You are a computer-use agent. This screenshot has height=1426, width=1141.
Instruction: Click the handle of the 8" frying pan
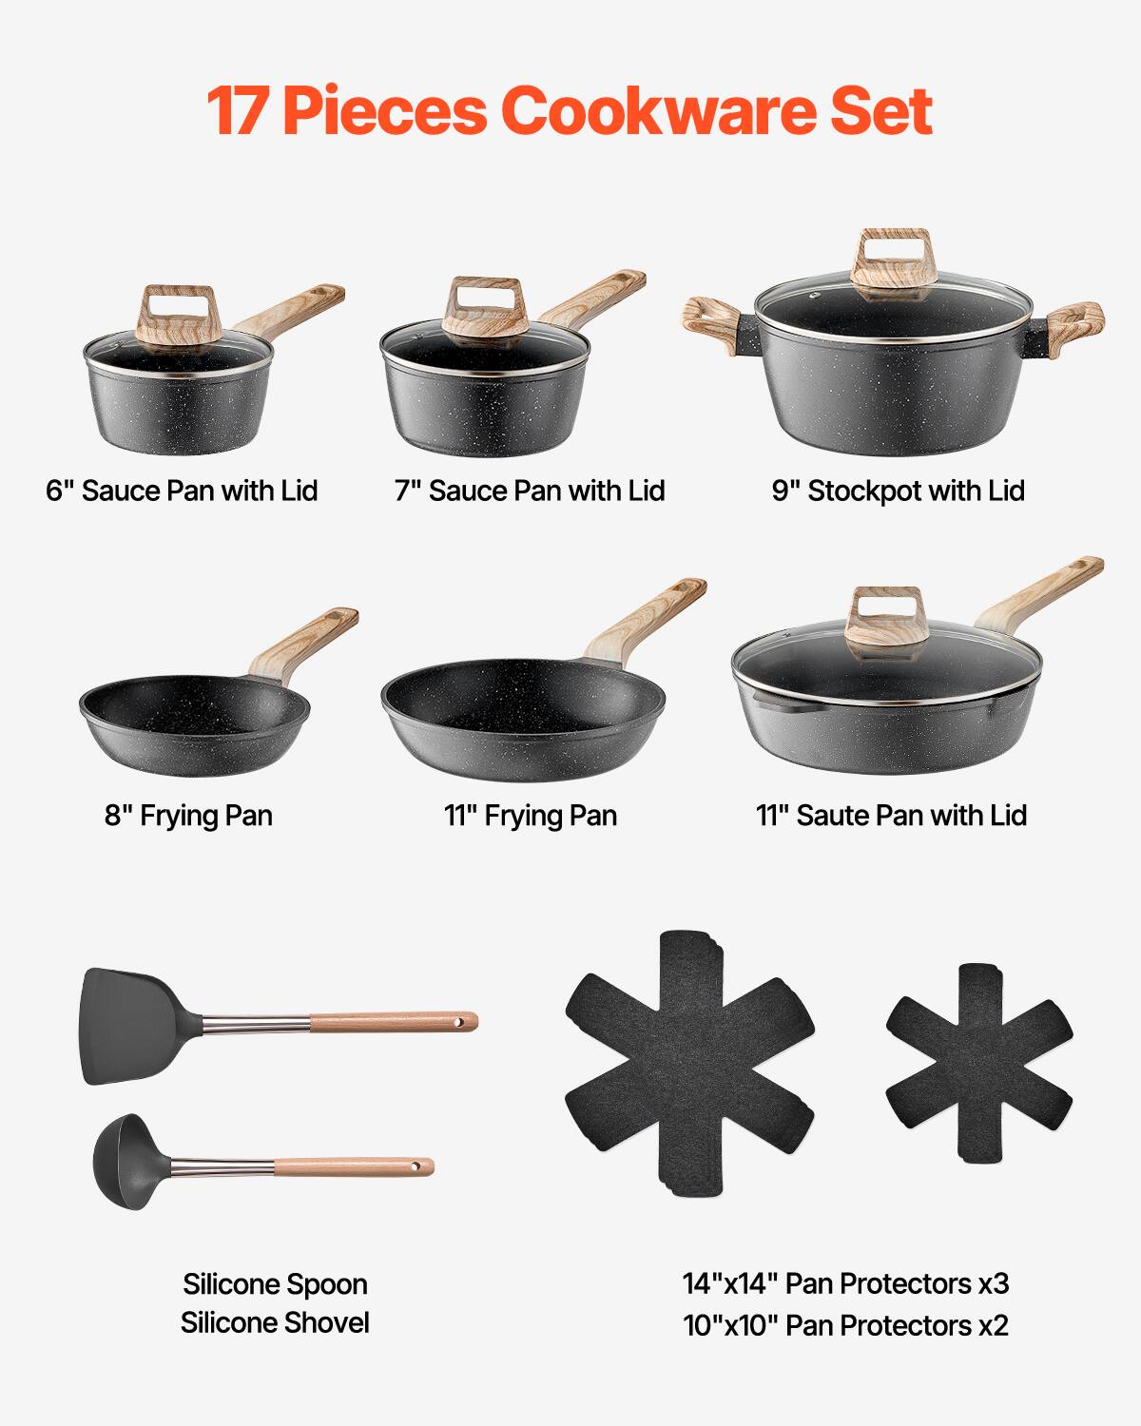(304, 642)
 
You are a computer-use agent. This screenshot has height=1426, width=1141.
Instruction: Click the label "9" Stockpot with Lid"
(898, 491)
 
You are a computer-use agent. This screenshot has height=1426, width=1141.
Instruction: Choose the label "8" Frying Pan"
(188, 816)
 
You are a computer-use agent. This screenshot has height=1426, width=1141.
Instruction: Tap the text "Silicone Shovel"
(275, 1322)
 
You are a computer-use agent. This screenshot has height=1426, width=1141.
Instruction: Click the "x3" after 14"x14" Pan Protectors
(993, 1283)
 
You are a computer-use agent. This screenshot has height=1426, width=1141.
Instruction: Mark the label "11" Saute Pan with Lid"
(891, 816)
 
